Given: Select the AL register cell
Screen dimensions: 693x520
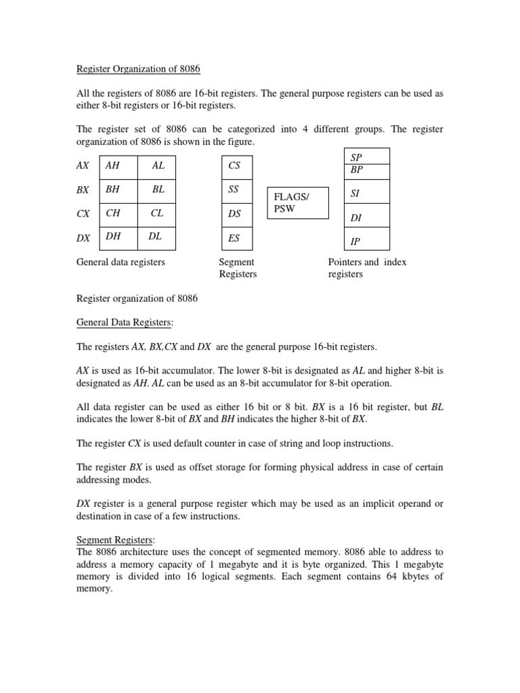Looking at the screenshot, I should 160,166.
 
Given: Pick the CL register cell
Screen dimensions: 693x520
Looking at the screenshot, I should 160,214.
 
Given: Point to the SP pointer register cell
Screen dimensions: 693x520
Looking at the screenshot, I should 367,156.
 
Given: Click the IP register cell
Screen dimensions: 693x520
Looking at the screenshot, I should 367,240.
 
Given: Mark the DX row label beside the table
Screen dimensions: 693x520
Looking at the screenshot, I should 83,238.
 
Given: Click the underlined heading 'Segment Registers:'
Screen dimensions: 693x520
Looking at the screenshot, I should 116,540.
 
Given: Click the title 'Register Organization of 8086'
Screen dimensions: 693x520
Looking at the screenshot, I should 139,69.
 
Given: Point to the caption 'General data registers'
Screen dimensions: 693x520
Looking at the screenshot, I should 121,262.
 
